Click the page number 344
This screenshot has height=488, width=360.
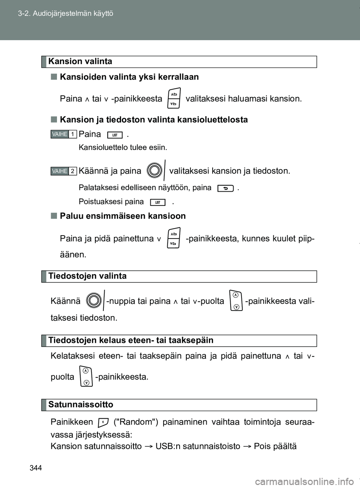36,468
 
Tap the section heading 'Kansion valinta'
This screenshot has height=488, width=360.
80,62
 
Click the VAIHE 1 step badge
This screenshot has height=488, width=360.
63,134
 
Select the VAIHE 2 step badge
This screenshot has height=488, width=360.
63,171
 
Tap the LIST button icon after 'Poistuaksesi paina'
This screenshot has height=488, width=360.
157,203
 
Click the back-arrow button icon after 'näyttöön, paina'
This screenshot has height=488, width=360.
225,188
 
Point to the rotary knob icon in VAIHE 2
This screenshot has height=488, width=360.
155,171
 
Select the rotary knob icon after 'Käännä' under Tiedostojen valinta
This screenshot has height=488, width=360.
94,300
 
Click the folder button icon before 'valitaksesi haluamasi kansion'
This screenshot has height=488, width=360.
174,98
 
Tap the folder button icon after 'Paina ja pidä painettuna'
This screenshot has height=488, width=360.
174,238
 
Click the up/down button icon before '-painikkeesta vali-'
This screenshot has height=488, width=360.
235,300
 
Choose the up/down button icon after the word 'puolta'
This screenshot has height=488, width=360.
86,376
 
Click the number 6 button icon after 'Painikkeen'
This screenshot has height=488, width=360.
103,423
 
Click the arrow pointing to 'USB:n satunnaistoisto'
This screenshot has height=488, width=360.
148,446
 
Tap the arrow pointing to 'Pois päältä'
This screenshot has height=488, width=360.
247,446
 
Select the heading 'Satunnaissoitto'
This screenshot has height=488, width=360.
81,405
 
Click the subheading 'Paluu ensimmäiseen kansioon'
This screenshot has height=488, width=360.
123,216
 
